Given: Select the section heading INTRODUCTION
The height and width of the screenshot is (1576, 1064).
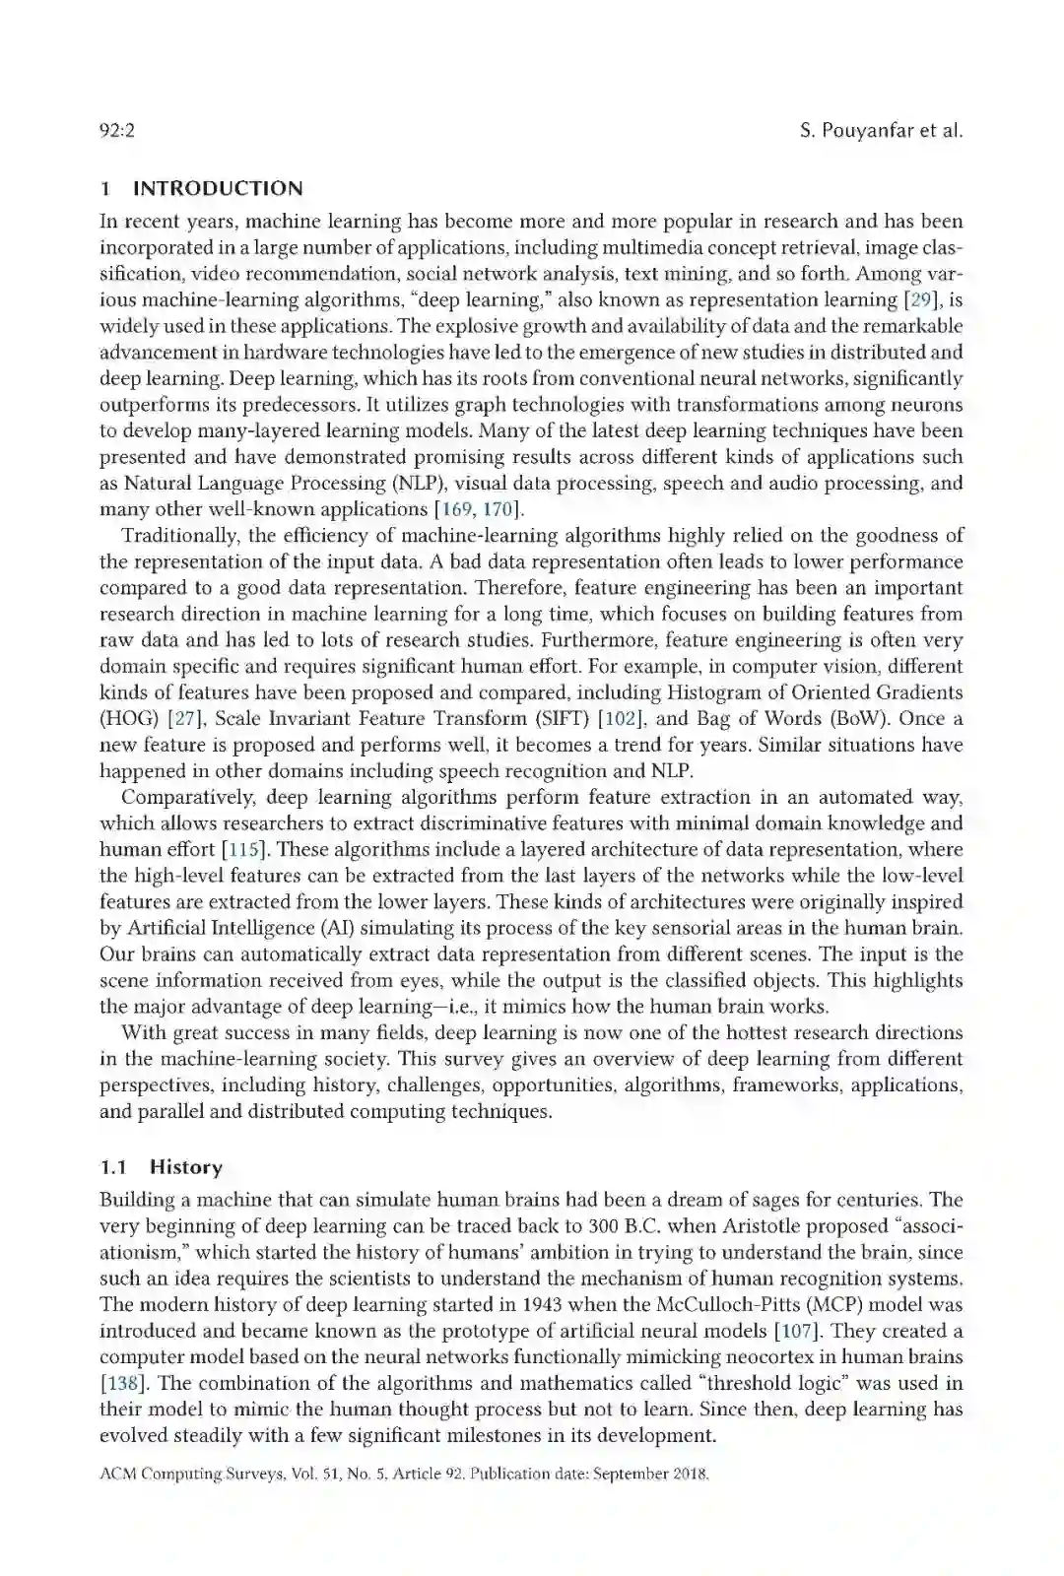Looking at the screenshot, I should click(x=218, y=188).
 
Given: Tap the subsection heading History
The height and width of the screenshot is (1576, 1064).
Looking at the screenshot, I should click(x=186, y=1167).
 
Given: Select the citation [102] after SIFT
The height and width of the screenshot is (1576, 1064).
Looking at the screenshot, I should click(x=621, y=718).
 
